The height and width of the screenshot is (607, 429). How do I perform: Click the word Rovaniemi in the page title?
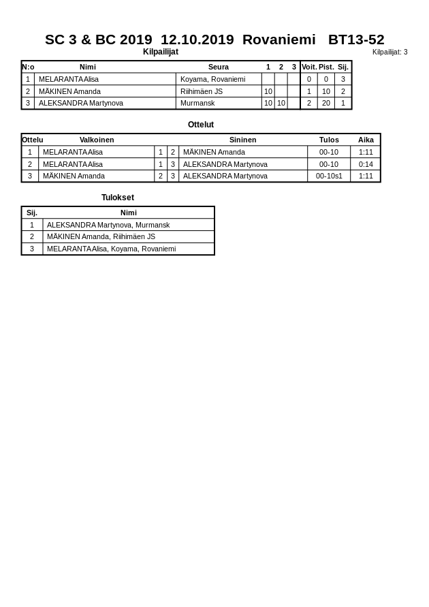pyautogui.click(x=279, y=40)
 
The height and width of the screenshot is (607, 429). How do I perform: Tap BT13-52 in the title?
pyautogui.click(x=356, y=40)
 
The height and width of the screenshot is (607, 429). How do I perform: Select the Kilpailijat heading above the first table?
pyautogui.click(x=161, y=52)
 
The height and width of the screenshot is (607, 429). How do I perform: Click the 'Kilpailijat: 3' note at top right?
pyautogui.click(x=390, y=52)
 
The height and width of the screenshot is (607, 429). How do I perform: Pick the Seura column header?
pyautogui.click(x=219, y=67)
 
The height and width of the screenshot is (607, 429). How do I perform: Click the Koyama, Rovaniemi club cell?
pyautogui.click(x=212, y=79)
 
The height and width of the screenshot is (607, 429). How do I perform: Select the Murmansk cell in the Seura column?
pyautogui.click(x=197, y=103)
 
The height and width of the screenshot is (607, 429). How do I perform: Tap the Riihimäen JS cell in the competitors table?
pyautogui.click(x=202, y=91)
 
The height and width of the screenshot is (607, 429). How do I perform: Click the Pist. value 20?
pyautogui.click(x=325, y=103)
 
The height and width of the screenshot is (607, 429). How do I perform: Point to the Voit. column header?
pyautogui.click(x=309, y=67)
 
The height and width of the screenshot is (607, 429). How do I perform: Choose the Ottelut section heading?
pyautogui.click(x=201, y=125)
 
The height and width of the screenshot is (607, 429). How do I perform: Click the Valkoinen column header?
pyautogui.click(x=97, y=140)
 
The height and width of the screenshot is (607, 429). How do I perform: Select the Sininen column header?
pyautogui.click(x=243, y=140)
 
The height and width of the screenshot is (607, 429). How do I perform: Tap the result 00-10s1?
pyautogui.click(x=329, y=176)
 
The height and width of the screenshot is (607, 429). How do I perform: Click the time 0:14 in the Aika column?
pyautogui.click(x=366, y=164)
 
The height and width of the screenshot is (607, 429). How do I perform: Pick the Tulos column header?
pyautogui.click(x=329, y=140)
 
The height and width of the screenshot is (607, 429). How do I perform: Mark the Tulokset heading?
pyautogui.click(x=118, y=198)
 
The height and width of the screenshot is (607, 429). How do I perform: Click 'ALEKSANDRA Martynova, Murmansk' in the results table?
pyautogui.click(x=108, y=225)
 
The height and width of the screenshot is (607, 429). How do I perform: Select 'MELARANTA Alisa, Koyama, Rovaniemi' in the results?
pyautogui.click(x=111, y=249)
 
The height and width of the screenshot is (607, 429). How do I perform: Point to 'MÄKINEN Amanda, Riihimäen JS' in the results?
pyautogui.click(x=101, y=236)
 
